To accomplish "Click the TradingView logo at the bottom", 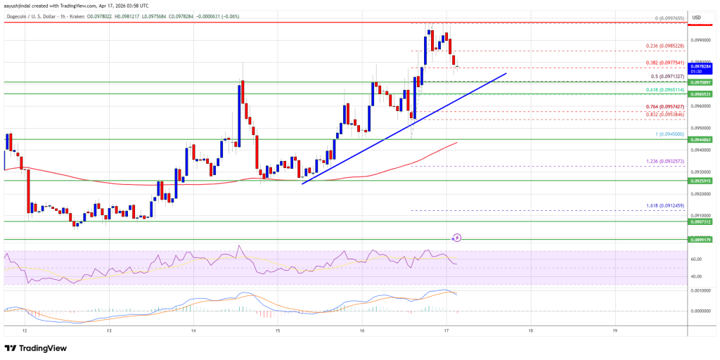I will pyautogui.click(x=39, y=348).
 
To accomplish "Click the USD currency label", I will pyautogui.click(x=696, y=18).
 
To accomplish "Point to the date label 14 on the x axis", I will pyautogui.click(x=193, y=329).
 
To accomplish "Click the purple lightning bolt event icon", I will pyautogui.click(x=457, y=238).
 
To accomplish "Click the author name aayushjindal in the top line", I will pyautogui.click(x=20, y=5).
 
